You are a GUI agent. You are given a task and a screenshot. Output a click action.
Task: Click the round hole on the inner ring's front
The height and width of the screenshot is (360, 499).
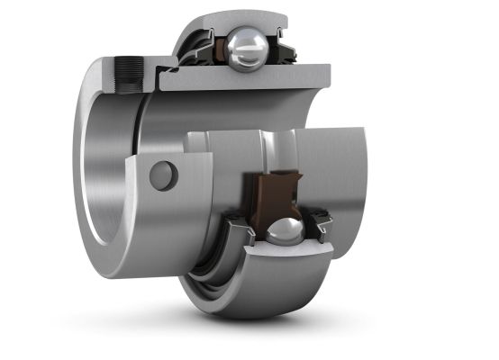coord(163,175)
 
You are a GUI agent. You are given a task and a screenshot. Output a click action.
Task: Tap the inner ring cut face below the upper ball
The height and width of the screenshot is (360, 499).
coord(243,80)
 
